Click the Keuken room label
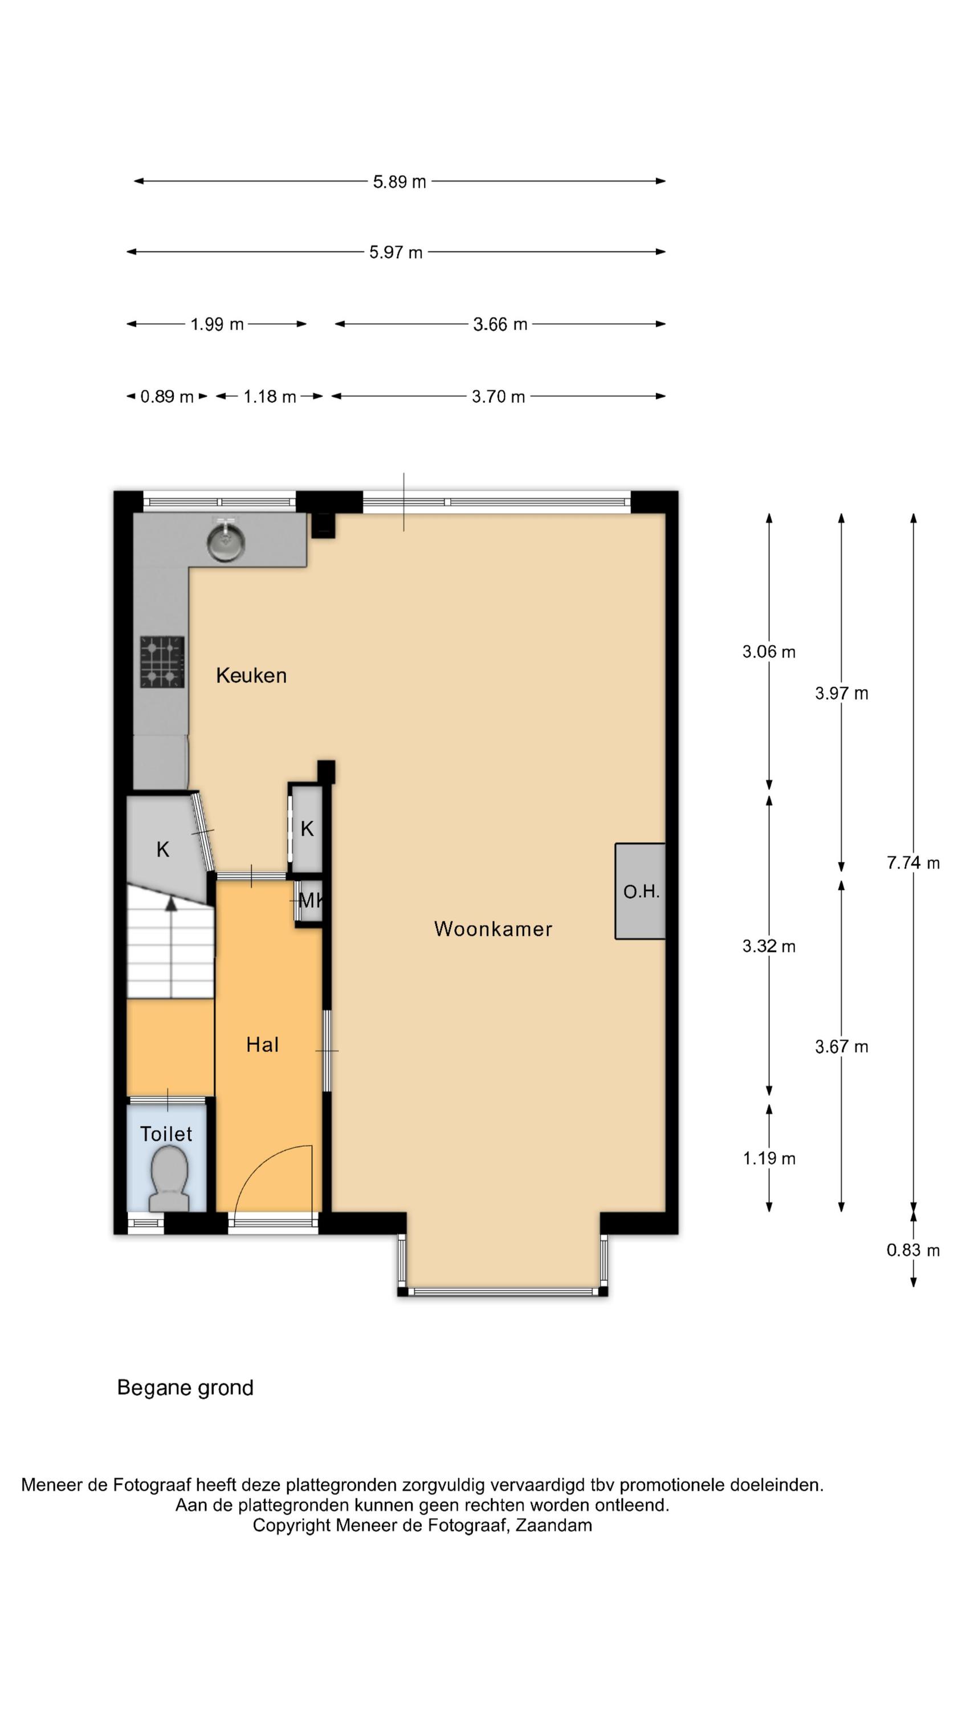(251, 676)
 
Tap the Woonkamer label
(492, 929)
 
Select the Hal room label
(262, 1045)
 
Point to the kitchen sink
(226, 539)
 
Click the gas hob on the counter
(162, 662)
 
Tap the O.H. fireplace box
(640, 891)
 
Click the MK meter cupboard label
(310, 901)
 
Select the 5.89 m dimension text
(399, 182)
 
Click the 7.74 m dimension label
(913, 863)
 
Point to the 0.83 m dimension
(913, 1251)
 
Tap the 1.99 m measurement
(217, 324)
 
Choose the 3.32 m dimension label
(769, 947)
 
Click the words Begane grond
(185, 1388)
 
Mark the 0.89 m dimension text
(166, 397)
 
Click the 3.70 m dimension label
(498, 397)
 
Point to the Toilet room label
(166, 1134)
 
